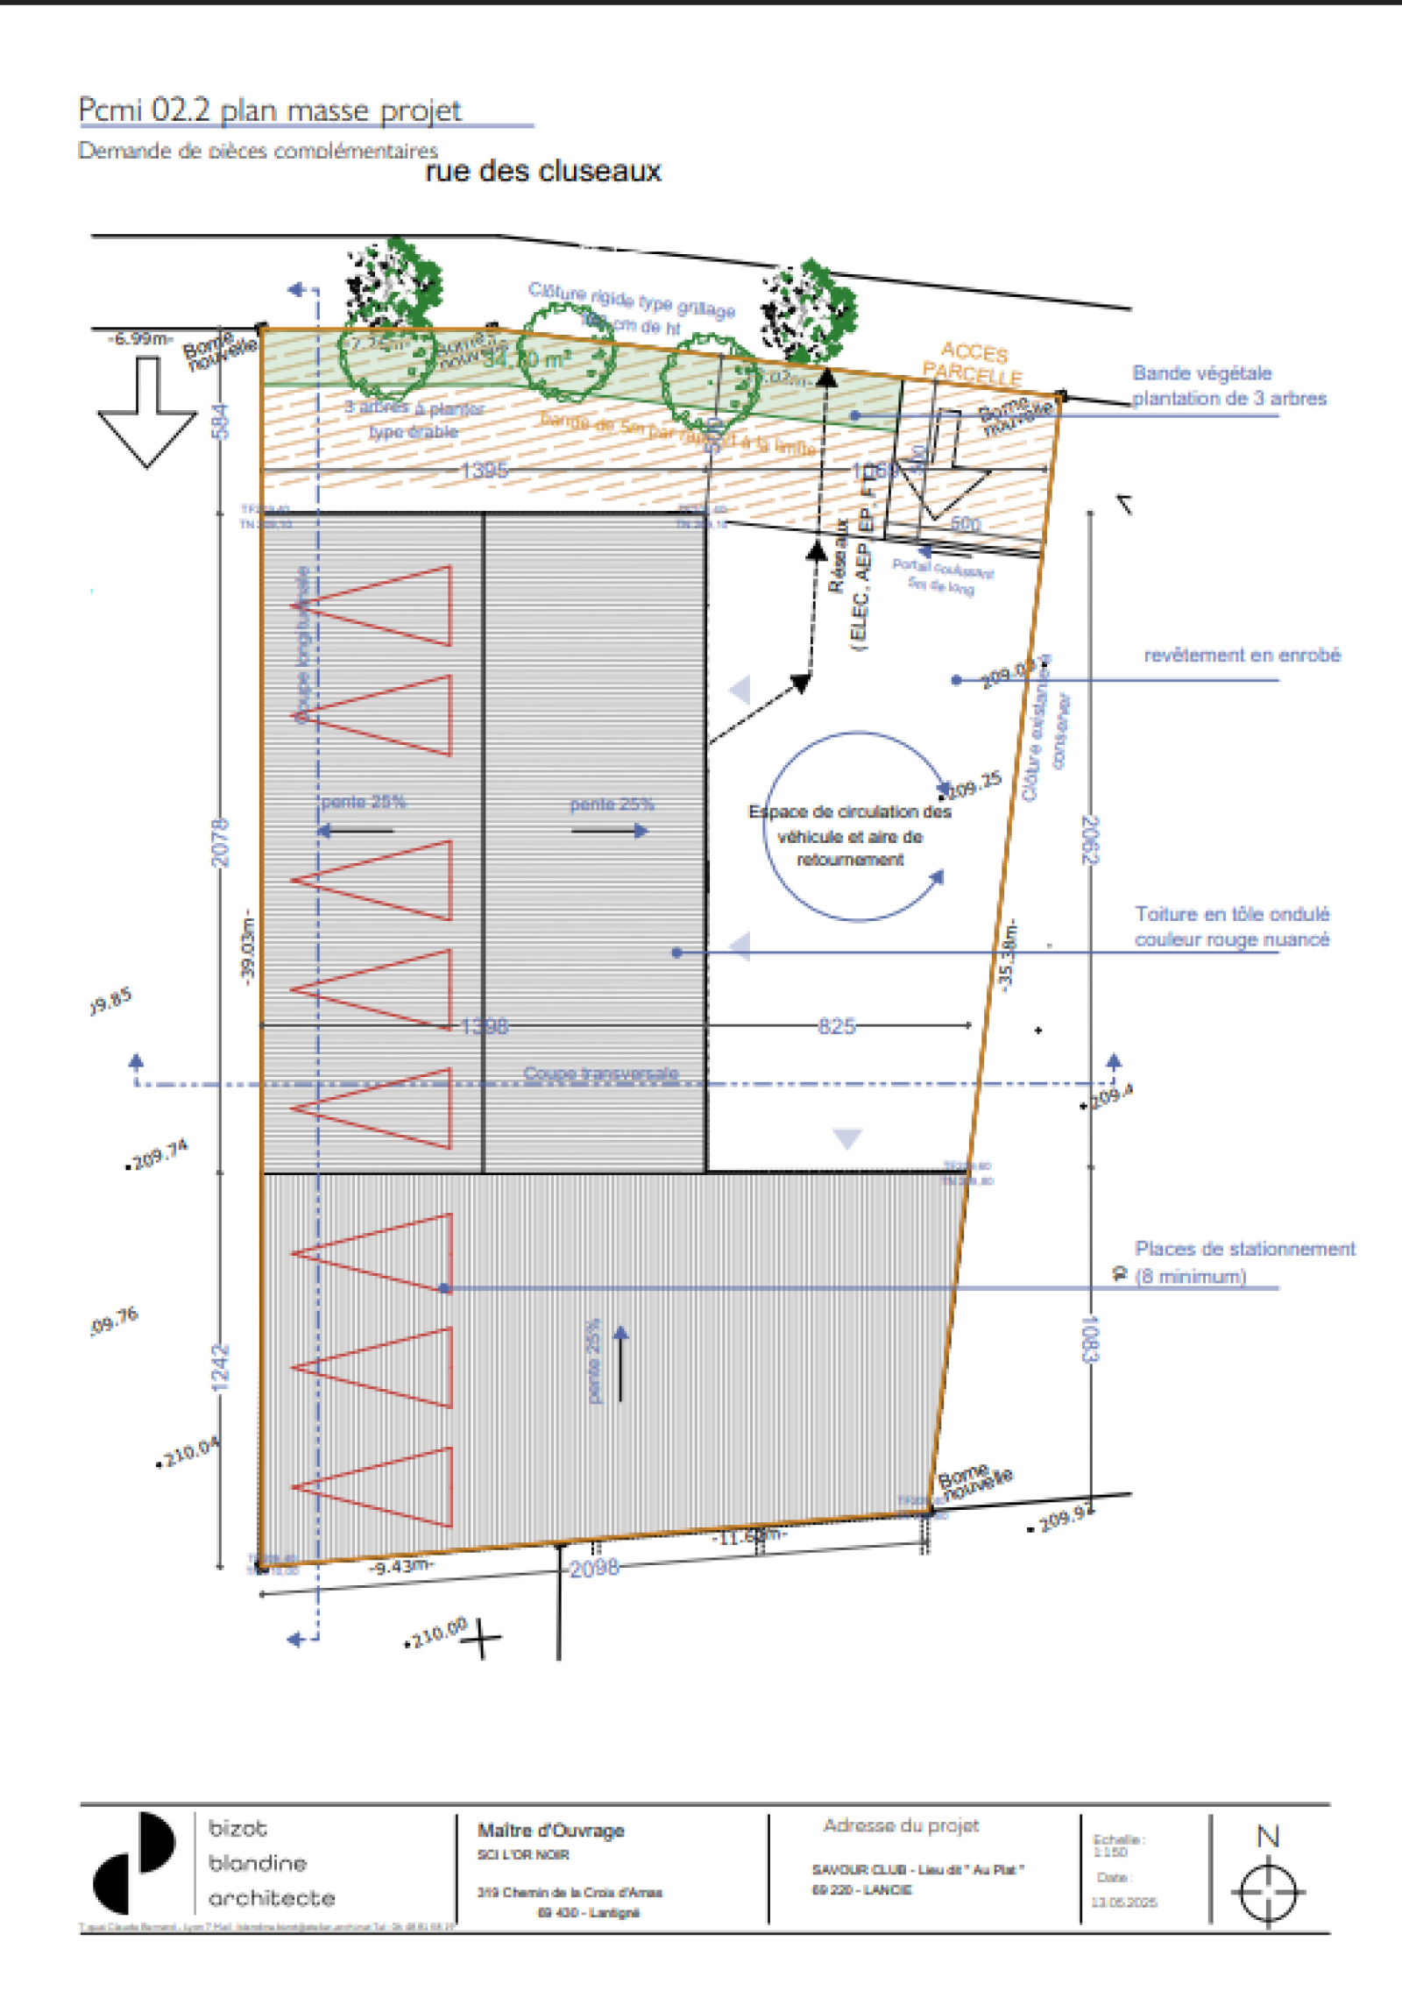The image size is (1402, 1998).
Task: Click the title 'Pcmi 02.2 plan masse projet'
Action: coord(269,110)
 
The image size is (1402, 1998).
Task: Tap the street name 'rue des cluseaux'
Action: coord(542,171)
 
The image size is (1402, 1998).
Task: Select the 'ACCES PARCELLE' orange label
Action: coord(973,363)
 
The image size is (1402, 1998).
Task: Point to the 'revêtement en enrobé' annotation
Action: coord(1242,655)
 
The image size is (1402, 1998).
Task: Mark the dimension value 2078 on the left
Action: coord(220,842)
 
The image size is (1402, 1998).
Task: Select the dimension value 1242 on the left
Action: coord(220,1367)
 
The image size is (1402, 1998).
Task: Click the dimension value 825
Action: coord(836,1026)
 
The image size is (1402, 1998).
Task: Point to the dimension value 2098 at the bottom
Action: coord(594,1568)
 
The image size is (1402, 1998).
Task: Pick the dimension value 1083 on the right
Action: coord(1089,1338)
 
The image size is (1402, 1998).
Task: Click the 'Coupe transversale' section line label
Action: coord(600,1073)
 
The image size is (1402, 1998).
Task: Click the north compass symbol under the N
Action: coord(1268,1892)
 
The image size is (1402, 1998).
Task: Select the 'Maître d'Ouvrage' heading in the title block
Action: coord(550,1831)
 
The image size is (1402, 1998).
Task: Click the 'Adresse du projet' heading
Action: coord(901,1825)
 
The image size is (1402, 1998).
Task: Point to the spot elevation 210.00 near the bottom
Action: coord(439,1633)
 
